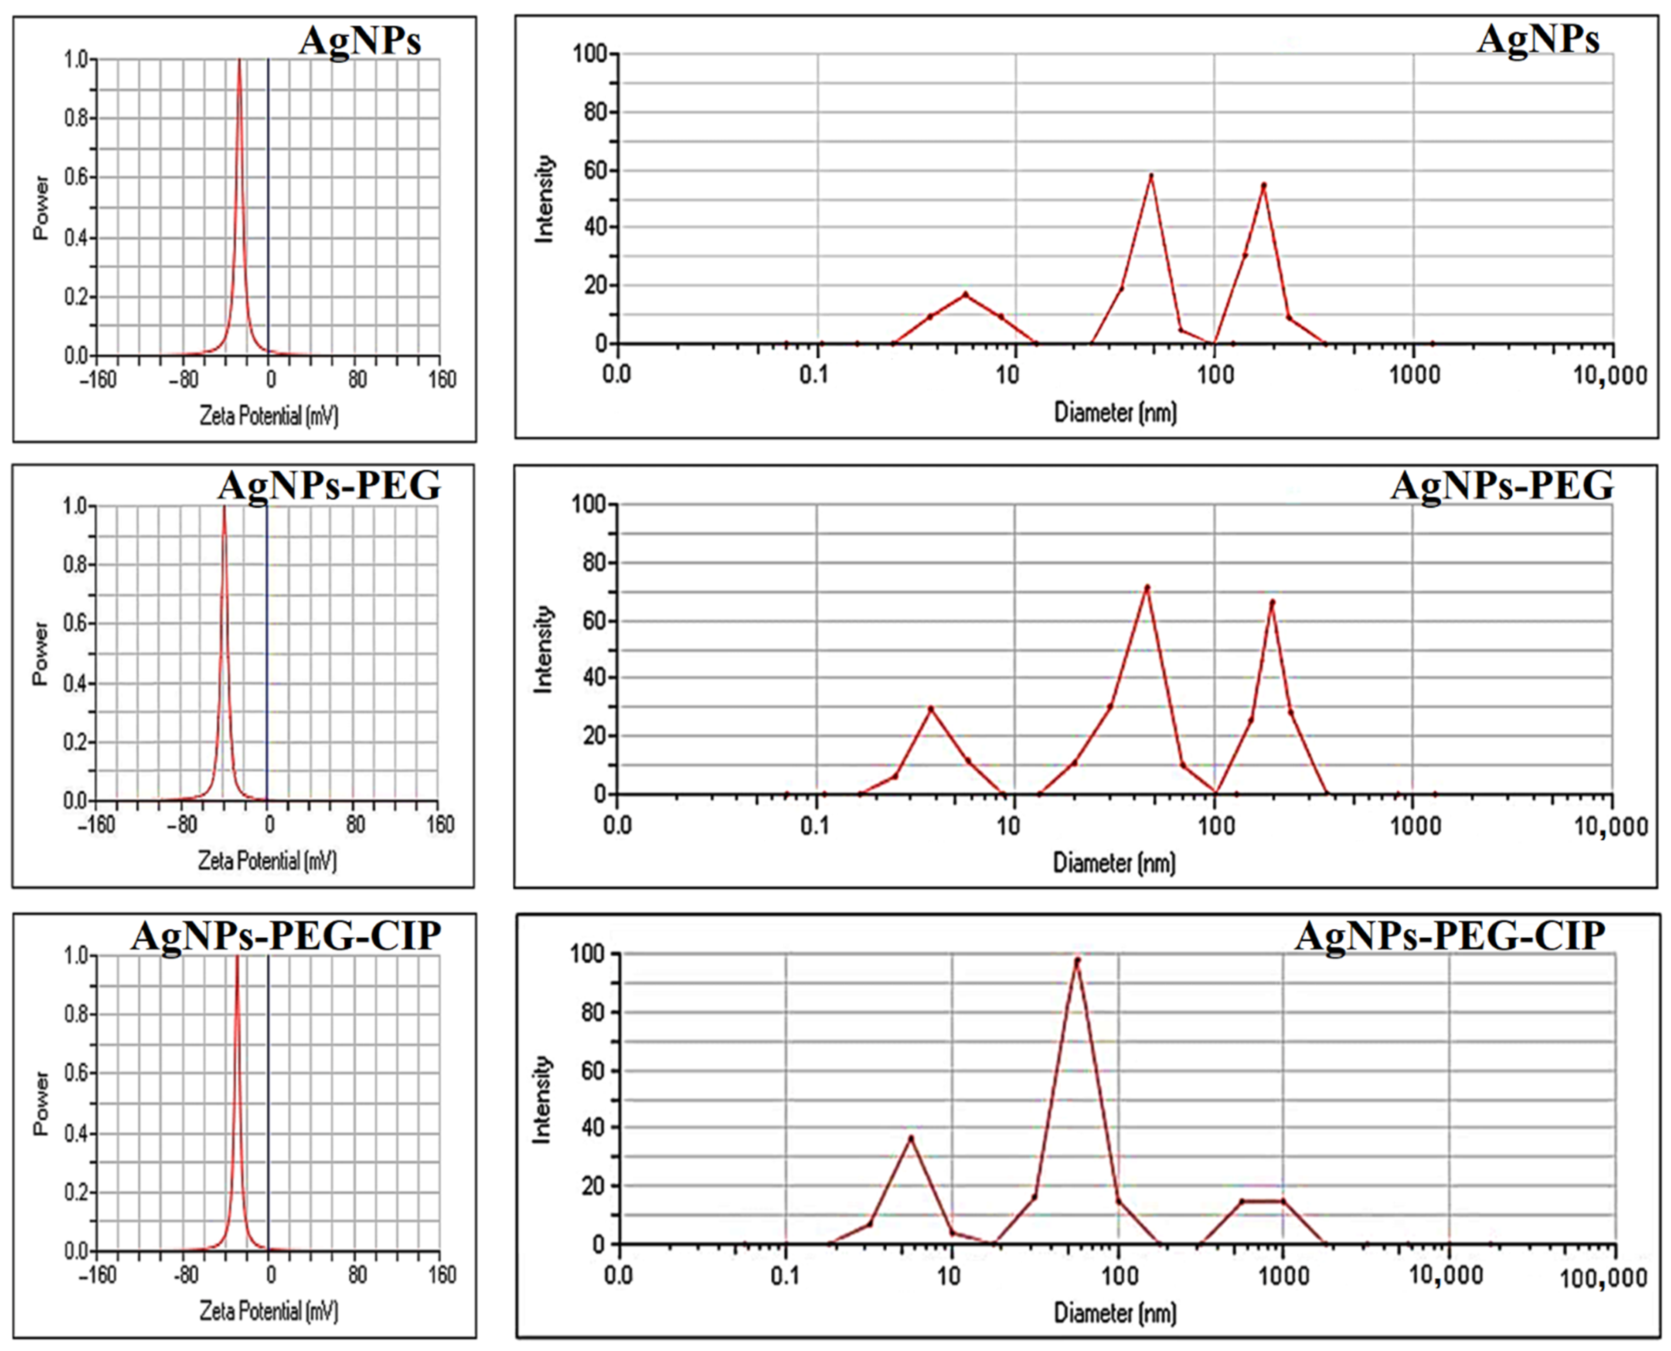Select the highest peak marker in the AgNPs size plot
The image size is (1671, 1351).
coord(1151,176)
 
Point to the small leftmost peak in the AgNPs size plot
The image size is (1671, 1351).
coord(966,294)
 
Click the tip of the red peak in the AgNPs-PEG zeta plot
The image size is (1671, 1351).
coord(224,508)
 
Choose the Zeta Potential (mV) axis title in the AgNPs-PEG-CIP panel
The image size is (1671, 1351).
coord(269,1311)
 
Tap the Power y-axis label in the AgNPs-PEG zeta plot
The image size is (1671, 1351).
coord(41,653)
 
